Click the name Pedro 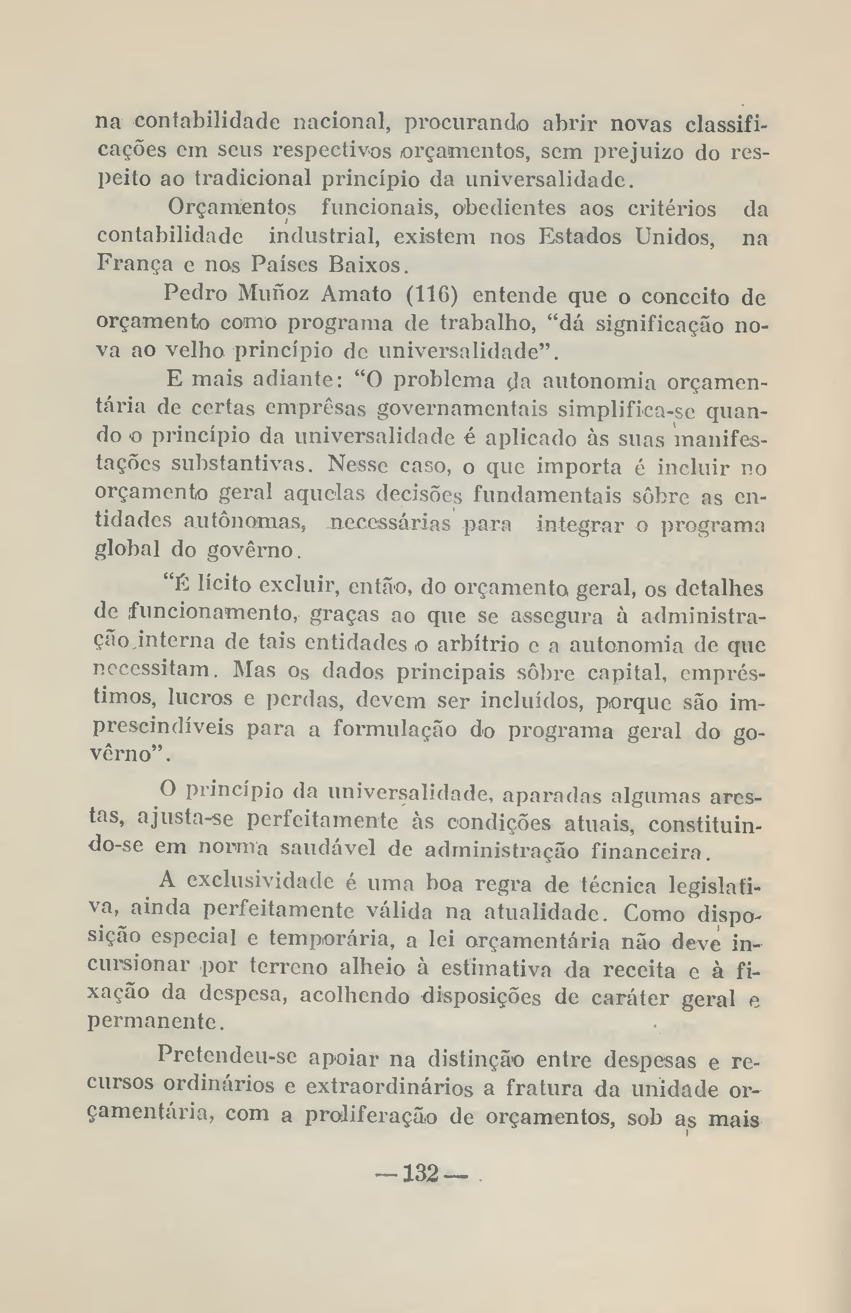point(195,294)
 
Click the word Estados point(580,237)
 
